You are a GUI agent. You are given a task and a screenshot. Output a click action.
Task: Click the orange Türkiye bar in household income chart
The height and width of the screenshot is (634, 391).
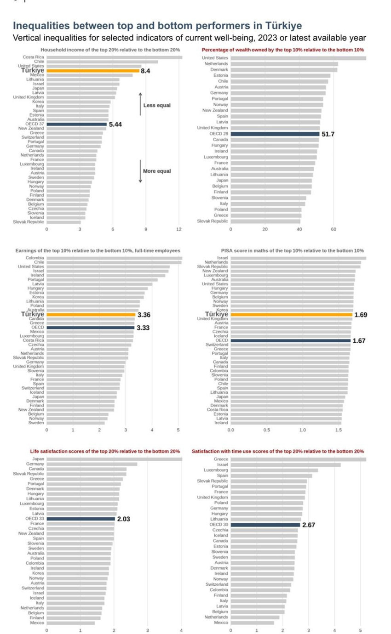click(x=92, y=71)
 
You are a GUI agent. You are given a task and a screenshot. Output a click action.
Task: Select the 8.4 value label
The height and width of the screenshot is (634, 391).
click(x=145, y=71)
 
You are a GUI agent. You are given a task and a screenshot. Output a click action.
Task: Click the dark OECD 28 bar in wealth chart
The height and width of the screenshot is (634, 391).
click(x=275, y=134)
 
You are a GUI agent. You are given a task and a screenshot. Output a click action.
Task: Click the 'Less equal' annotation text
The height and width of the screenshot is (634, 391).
click(x=157, y=105)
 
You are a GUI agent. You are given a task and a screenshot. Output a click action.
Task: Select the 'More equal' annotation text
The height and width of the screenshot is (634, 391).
click(x=157, y=171)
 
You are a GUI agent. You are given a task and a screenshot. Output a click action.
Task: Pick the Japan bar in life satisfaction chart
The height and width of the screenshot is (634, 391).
click(x=114, y=459)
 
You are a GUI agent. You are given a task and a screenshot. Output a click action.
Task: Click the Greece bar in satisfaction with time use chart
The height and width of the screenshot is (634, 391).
click(x=298, y=459)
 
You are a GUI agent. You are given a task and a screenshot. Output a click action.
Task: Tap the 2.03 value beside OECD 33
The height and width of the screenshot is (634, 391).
click(x=124, y=519)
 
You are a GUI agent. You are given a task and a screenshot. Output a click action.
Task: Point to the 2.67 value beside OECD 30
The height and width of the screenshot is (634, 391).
click(x=308, y=525)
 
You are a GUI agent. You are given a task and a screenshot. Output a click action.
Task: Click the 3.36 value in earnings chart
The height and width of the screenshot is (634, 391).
click(x=144, y=315)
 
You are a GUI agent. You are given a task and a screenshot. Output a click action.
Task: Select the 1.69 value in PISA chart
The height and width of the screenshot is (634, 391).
click(x=361, y=315)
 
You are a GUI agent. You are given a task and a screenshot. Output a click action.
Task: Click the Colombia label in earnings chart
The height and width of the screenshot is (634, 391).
click(x=35, y=258)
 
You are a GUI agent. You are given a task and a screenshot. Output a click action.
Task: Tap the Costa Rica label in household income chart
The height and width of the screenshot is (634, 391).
click(x=34, y=57)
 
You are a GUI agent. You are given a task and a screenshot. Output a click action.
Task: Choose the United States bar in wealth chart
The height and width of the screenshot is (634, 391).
click(x=298, y=58)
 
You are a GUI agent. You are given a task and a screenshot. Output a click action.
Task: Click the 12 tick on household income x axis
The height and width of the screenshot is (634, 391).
click(x=179, y=229)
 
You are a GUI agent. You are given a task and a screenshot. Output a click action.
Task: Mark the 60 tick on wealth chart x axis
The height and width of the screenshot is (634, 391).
click(x=334, y=229)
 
